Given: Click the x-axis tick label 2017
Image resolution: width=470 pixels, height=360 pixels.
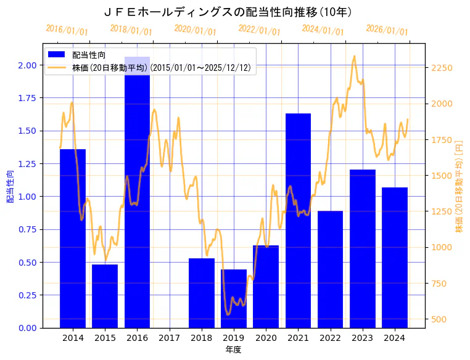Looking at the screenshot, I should (x=169, y=338).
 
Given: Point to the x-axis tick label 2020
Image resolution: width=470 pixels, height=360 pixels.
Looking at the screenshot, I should (x=266, y=338).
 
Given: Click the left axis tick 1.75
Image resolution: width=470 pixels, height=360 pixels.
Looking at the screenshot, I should (x=26, y=98).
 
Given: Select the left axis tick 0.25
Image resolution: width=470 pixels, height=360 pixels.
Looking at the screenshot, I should (x=26, y=295).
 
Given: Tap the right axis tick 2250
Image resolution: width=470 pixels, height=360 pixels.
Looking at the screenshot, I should (x=442, y=68).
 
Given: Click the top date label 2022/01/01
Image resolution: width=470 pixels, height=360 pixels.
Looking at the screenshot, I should (x=259, y=30).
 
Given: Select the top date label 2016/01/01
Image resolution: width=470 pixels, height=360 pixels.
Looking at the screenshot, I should (x=67, y=30).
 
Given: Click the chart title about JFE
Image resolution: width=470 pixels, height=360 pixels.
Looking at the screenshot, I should (x=228, y=12).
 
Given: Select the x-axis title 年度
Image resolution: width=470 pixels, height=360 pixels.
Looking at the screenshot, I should (x=233, y=350).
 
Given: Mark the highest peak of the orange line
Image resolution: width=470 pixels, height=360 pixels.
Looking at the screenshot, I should (x=354, y=56).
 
